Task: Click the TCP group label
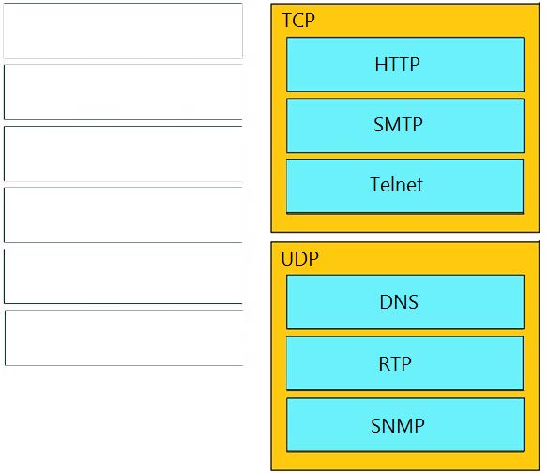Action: click(298, 21)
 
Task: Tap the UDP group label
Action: click(299, 259)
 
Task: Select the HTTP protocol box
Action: click(405, 65)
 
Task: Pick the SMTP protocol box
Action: click(405, 126)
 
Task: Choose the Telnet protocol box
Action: click(405, 186)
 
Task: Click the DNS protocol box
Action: click(405, 302)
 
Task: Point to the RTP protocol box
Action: click(405, 363)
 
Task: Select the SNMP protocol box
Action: click(405, 425)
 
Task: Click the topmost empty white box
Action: click(123, 31)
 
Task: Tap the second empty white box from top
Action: click(123, 92)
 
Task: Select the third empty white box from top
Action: click(123, 154)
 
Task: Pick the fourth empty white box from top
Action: click(123, 215)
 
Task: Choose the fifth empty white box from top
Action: click(123, 276)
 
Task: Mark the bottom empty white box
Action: click(124, 338)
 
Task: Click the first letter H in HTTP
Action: click(381, 65)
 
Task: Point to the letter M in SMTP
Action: click(392, 125)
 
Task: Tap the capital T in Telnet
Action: click(375, 184)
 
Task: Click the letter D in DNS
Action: click(386, 302)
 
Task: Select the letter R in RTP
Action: click(384, 363)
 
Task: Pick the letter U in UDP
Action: click(286, 259)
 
